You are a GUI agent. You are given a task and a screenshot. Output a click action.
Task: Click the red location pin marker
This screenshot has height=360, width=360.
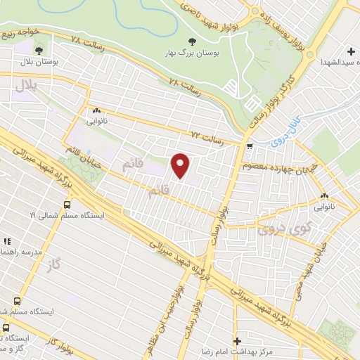pyautogui.click(x=181, y=166)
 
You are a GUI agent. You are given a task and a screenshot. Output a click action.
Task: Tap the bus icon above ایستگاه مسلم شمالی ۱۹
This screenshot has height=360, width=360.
pyautogui.click(x=67, y=205)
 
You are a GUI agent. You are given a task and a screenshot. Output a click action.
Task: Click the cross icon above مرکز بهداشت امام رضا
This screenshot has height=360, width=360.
pyautogui.click(x=237, y=340)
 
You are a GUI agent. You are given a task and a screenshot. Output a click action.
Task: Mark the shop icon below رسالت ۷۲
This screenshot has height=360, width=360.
pyautogui.click(x=251, y=146)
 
